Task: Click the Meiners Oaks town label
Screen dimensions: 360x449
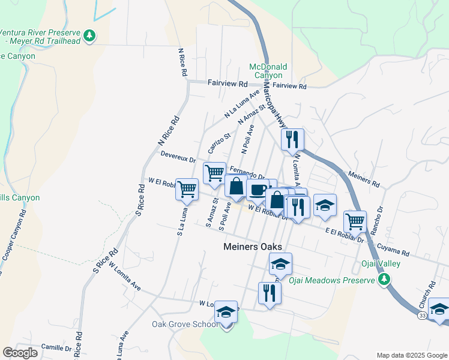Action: (253, 247)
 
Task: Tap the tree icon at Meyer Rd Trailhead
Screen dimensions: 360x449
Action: (89, 35)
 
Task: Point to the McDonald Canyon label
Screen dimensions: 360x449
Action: (268, 71)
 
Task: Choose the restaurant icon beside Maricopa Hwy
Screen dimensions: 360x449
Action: (292, 140)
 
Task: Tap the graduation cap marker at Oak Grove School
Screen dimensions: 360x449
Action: (226, 312)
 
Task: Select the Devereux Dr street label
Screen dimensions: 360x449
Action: (178, 157)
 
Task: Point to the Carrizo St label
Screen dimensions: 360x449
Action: (219, 142)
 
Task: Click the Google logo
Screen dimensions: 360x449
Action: (20, 353)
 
